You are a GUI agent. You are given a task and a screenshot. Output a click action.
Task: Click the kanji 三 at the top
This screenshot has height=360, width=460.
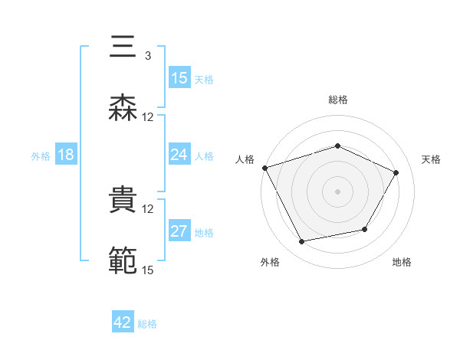pyautogui.click(x=123, y=47)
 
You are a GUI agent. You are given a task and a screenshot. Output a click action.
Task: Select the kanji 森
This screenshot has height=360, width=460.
pyautogui.click(x=123, y=107)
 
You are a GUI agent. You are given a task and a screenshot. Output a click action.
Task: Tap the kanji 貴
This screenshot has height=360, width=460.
pyautogui.click(x=123, y=200)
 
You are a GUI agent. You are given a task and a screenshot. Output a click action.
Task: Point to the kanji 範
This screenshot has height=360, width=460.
pyautogui.click(x=123, y=260)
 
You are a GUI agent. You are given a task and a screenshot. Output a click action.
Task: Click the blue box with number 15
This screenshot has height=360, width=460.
pyautogui.click(x=179, y=78)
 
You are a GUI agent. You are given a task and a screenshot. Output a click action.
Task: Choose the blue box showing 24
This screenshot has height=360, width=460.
pyautogui.click(x=179, y=155)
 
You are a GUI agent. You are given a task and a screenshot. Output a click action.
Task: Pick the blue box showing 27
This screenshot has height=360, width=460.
pyautogui.click(x=179, y=232)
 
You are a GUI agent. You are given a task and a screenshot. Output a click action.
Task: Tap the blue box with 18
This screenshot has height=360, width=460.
pyautogui.click(x=66, y=155)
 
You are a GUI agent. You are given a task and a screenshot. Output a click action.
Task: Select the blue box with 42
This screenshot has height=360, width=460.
pyautogui.click(x=123, y=322)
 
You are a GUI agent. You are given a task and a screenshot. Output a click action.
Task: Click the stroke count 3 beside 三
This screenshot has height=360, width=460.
pyautogui.click(x=147, y=56)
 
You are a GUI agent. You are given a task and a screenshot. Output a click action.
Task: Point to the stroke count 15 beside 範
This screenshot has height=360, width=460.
pyautogui.click(x=147, y=269)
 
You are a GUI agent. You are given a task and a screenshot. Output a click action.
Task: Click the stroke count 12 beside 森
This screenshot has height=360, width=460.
pyautogui.click(x=147, y=116)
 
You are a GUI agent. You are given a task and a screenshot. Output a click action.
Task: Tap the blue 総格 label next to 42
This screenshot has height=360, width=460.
pyautogui.click(x=147, y=324)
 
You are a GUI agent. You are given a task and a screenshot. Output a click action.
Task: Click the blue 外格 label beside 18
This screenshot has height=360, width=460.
pyautogui.click(x=41, y=155)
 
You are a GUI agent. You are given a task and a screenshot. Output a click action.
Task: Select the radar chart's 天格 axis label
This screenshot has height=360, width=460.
pyautogui.click(x=432, y=159)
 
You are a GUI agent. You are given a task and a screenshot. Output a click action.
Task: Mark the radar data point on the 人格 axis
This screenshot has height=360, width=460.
pyautogui.click(x=264, y=168)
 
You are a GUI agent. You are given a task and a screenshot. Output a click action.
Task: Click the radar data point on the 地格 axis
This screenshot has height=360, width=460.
pyautogui.click(x=365, y=229)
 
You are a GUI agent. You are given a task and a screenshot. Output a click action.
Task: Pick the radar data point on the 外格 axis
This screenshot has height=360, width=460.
pyautogui.click(x=301, y=242)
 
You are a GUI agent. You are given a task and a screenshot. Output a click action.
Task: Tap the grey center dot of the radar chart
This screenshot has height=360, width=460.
pyautogui.click(x=338, y=191)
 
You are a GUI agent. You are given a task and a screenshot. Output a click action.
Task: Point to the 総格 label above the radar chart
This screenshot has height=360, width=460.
pyautogui.click(x=338, y=100)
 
